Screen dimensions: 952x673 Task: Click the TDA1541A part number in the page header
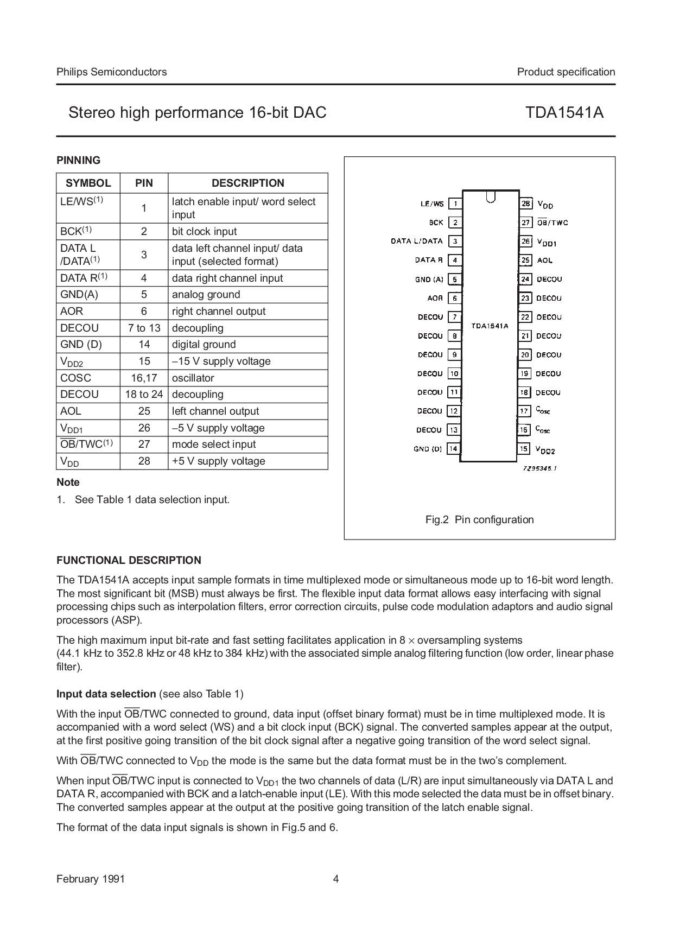[x=564, y=112]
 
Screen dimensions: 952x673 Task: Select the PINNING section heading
[x=78, y=160]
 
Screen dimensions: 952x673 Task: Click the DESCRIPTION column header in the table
[x=247, y=183]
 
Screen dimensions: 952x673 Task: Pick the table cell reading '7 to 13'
[x=144, y=328]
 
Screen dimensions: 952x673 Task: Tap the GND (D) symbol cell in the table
[x=81, y=344]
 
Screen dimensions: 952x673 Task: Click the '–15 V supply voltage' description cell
[x=221, y=361]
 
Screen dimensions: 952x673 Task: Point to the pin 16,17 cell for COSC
[x=144, y=378]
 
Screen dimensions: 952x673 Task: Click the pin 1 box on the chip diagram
[x=455, y=204]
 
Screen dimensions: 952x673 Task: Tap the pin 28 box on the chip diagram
[x=525, y=204]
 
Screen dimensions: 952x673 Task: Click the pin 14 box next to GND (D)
[x=453, y=449]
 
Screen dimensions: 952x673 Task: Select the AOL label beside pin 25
[x=544, y=261]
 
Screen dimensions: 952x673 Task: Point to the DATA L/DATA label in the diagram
[x=417, y=241]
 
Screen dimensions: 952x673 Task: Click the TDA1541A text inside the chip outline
[x=490, y=326]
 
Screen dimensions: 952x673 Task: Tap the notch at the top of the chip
[x=491, y=196]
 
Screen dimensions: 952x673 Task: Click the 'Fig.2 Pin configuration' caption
[x=479, y=519]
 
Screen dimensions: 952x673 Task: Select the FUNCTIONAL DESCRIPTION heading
[x=129, y=560]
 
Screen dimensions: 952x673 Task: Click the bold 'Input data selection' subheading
[x=106, y=694]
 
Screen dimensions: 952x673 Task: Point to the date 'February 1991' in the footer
[x=90, y=879]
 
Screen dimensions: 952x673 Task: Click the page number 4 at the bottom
[x=335, y=879]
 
